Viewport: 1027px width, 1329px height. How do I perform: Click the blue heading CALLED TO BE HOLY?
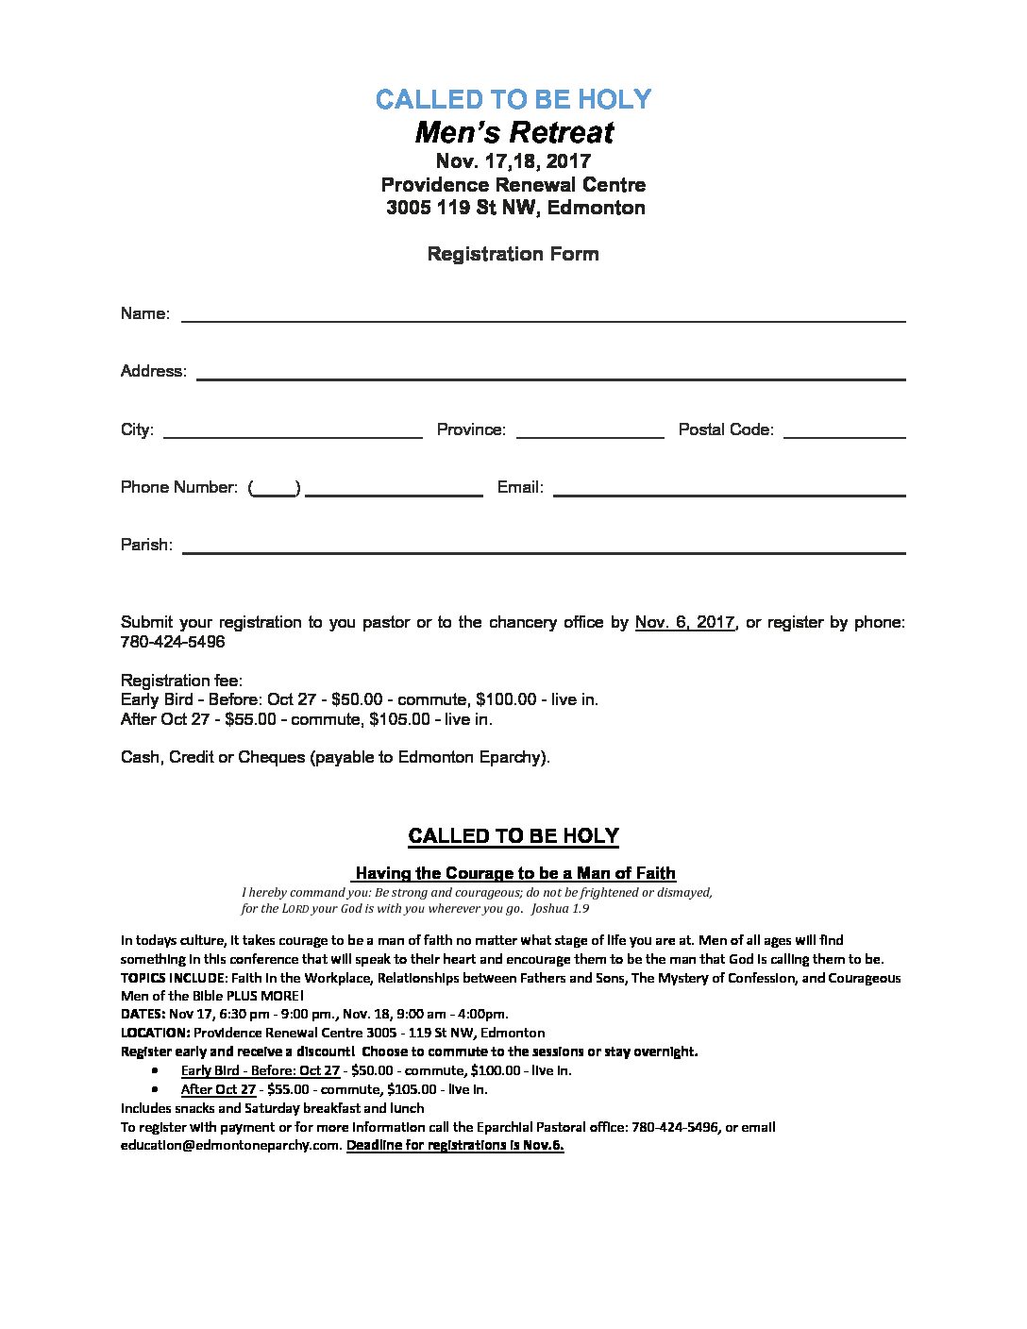(513, 99)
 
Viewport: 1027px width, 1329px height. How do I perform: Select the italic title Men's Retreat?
(513, 132)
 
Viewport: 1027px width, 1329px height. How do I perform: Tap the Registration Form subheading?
(513, 254)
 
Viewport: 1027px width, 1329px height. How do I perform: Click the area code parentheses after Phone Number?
(275, 488)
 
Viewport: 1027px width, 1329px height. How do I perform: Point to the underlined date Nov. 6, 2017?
(685, 623)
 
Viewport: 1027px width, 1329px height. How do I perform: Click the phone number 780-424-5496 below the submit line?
(173, 642)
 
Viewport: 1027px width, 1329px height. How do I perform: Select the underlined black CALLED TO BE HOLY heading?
(513, 836)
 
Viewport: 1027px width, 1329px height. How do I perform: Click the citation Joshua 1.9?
(560, 909)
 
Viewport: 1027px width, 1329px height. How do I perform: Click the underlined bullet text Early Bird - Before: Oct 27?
(260, 1070)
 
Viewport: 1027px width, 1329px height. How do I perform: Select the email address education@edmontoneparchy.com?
(229, 1146)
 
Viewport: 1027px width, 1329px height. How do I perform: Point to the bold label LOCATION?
(156, 1033)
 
